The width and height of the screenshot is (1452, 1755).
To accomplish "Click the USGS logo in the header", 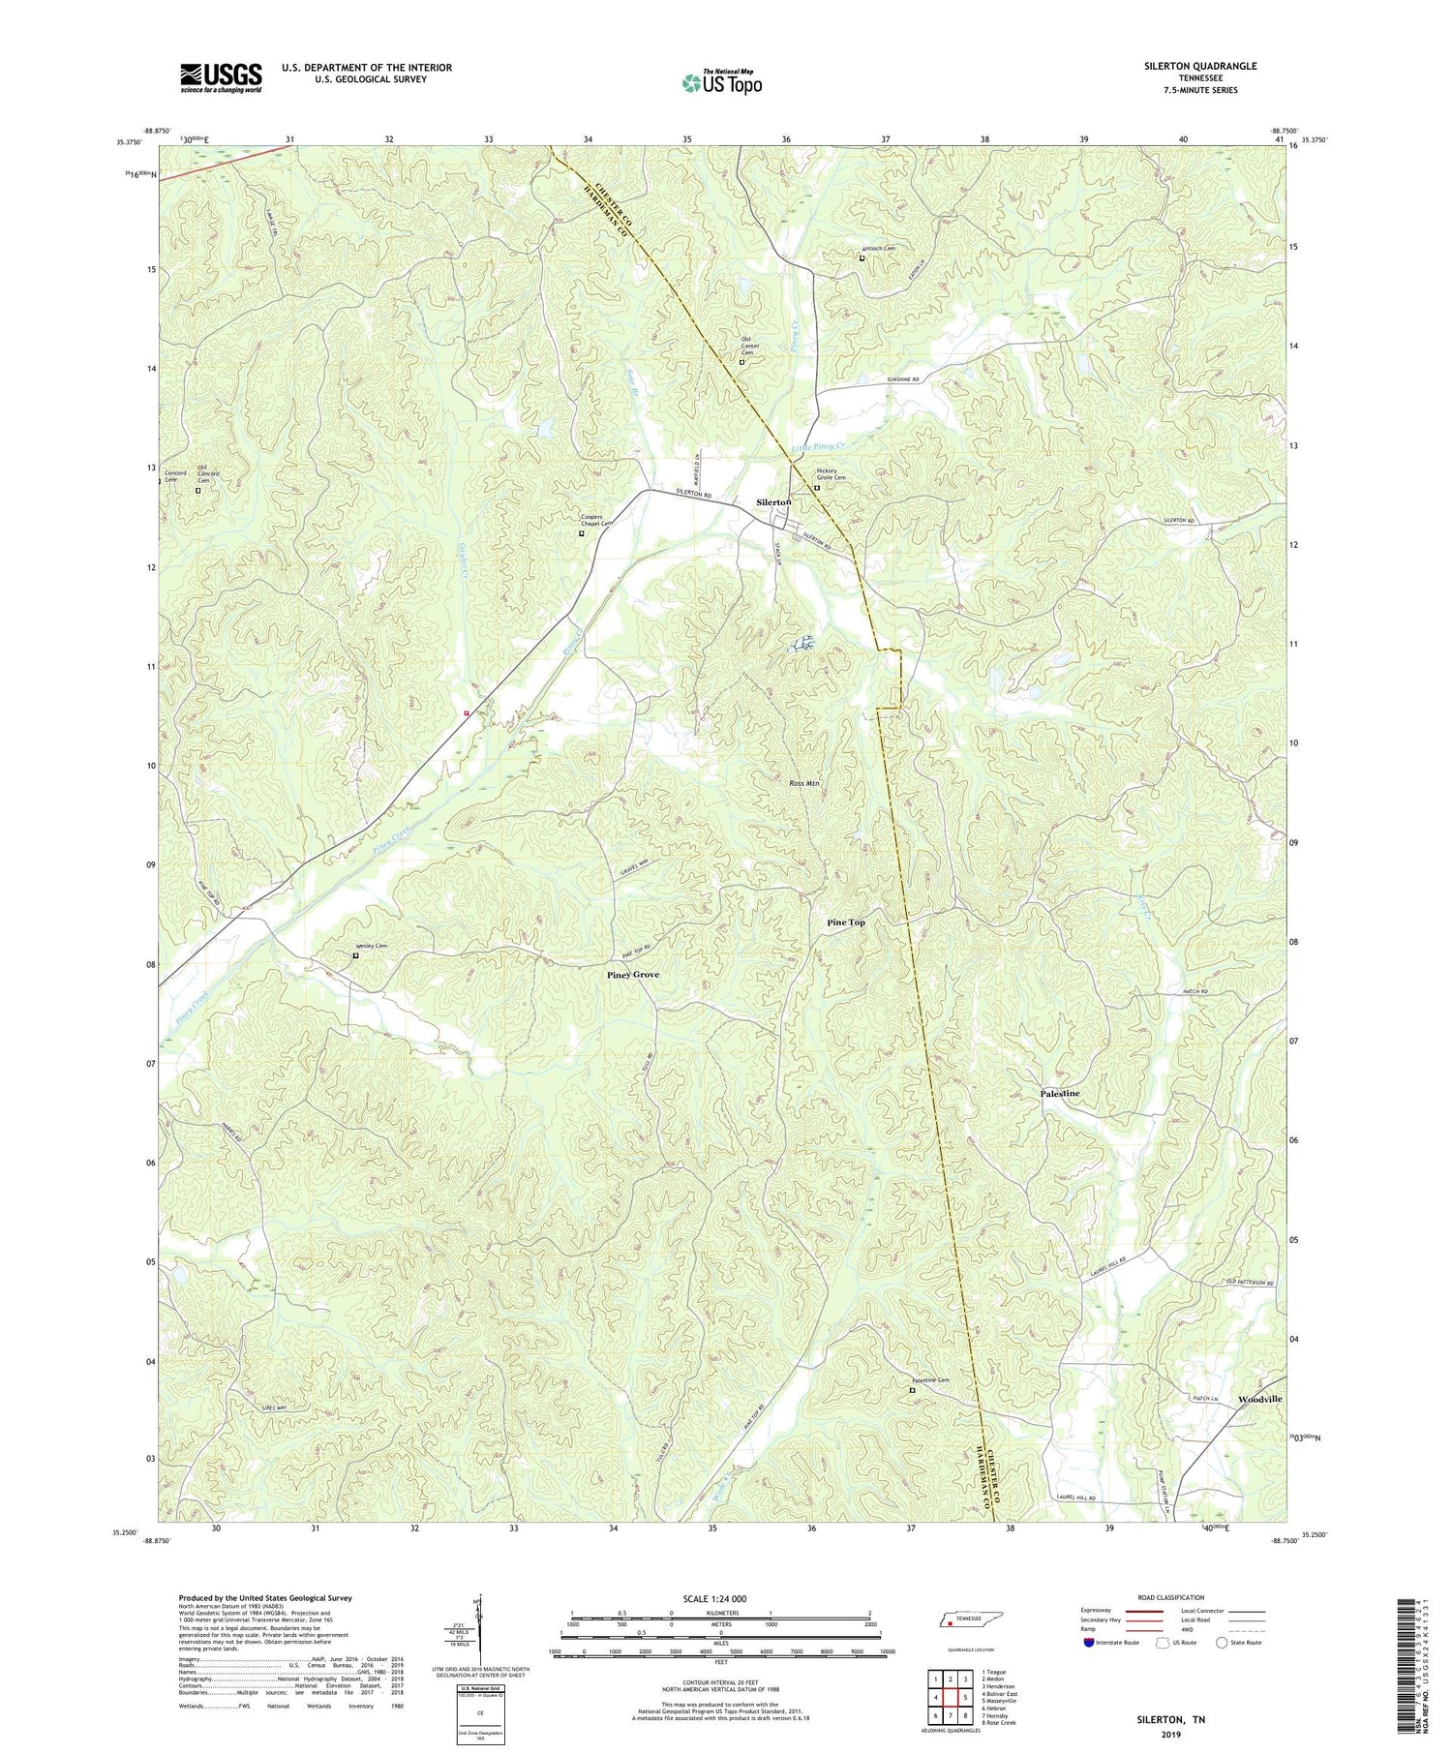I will pos(220,77).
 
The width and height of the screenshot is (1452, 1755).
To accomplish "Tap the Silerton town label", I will pos(773,502).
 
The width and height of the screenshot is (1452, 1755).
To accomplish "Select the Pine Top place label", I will pos(846,923).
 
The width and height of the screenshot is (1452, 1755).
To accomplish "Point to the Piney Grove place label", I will pos(633,975).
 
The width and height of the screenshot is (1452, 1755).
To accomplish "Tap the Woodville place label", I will pos(1260,1400).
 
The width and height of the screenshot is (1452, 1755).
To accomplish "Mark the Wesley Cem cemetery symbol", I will pos(355,955).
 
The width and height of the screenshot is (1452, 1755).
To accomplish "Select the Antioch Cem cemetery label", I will pos(878,249).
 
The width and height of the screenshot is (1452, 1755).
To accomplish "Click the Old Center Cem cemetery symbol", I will pos(742,363).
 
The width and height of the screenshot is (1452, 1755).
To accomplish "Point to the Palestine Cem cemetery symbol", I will pos(911,1391).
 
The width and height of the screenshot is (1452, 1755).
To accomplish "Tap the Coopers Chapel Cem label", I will pos(591,520).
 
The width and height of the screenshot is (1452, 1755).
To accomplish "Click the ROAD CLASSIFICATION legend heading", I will pos(1158,1597).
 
